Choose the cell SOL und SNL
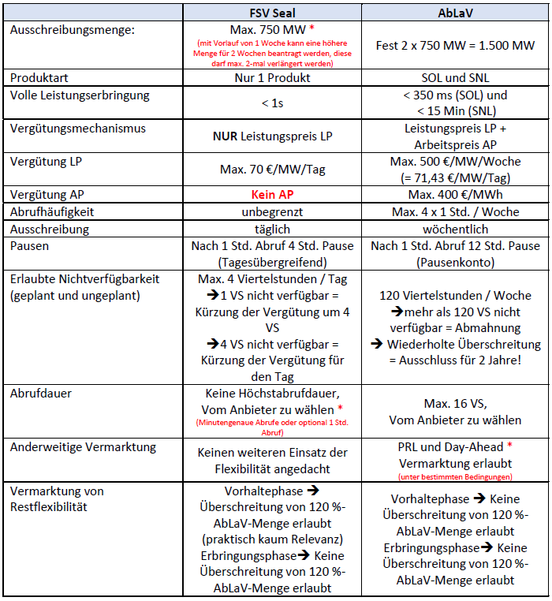(454, 77)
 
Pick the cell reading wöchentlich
(454, 229)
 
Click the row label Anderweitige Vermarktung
(83, 447)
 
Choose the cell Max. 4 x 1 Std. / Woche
(454, 211)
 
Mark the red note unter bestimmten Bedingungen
(454, 476)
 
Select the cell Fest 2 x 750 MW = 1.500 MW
(454, 45)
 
